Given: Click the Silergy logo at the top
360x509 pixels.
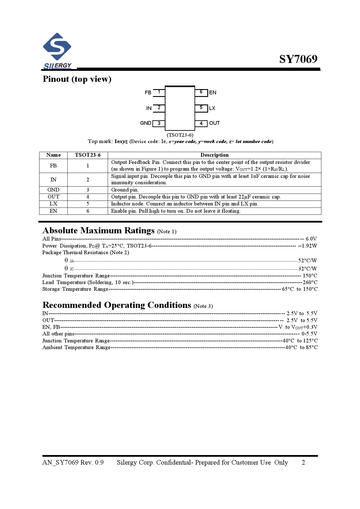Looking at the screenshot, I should (x=57, y=51).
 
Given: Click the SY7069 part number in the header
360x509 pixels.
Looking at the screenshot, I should (x=298, y=59).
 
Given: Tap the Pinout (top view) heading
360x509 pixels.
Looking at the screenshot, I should (x=77, y=79).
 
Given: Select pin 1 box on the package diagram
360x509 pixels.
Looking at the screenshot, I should (x=159, y=92).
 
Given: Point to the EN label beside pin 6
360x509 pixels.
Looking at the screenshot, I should (x=213, y=93).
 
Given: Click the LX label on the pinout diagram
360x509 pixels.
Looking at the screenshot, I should (x=212, y=108).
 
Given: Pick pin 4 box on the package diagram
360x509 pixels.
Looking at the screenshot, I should (x=201, y=123).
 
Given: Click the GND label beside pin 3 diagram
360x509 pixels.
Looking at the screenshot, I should (x=145, y=123).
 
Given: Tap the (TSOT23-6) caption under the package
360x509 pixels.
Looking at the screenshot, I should (x=180, y=135).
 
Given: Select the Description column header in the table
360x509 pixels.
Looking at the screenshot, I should (x=214, y=155).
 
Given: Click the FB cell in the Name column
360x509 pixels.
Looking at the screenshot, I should (x=53, y=166).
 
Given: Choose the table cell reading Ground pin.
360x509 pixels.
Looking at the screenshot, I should (x=125, y=190).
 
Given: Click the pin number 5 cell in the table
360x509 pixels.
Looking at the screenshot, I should (x=88, y=204).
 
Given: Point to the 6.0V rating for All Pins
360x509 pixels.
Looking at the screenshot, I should (x=311, y=239).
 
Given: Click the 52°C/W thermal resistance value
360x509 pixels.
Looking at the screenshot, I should (x=307, y=261).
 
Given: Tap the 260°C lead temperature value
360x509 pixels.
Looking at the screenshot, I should (x=310, y=282).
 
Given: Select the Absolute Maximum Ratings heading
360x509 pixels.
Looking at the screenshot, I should (x=98, y=230).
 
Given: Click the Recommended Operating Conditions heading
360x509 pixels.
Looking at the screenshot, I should (x=117, y=305).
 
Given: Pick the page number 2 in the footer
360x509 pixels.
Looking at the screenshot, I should (x=303, y=463).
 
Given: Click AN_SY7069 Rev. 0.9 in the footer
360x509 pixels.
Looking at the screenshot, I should (x=73, y=463).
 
